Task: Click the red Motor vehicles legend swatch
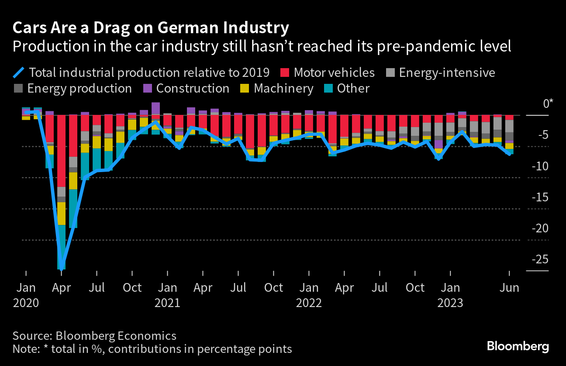click(x=284, y=72)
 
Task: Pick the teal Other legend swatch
click(x=329, y=88)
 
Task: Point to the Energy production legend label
click(x=79, y=88)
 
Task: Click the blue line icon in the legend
click(x=20, y=72)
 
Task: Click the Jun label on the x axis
click(x=509, y=288)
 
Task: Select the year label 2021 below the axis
click(x=167, y=303)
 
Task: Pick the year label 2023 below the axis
click(x=450, y=303)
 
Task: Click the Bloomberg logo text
click(x=518, y=347)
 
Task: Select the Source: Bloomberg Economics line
click(x=94, y=336)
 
